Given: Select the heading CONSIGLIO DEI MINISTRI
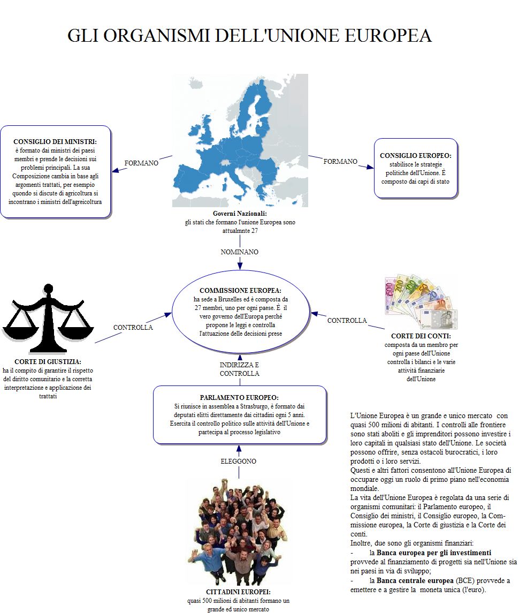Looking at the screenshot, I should point(56,141).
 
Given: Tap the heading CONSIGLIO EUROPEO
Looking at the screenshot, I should point(415,155).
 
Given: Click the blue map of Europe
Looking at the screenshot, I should point(240,140).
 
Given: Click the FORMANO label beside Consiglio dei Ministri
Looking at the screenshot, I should point(141,163).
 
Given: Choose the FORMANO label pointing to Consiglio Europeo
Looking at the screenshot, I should point(340,161).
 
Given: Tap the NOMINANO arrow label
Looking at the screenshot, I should point(240,252).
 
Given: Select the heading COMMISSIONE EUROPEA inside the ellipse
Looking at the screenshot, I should point(240,290).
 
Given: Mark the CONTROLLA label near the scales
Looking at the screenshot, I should point(133,327).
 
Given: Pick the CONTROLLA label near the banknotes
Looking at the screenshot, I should point(347,320).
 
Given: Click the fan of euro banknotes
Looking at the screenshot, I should point(418,304).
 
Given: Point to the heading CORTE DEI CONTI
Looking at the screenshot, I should point(421,337).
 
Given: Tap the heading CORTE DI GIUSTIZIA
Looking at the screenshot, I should point(48,362).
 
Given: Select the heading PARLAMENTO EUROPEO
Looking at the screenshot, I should point(239,398).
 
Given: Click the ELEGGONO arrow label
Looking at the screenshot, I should point(239,461).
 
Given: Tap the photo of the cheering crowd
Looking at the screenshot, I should point(239,532).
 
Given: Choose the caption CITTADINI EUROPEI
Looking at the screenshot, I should point(238,592).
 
